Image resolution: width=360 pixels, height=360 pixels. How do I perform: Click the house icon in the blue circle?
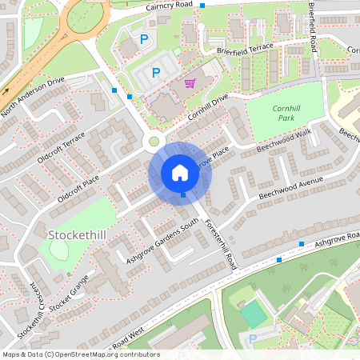click(179, 173)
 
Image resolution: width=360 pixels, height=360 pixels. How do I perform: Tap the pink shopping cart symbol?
click(190, 82)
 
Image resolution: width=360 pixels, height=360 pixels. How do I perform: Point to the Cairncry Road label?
click(170, 6)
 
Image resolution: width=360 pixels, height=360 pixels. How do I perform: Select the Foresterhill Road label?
click(219, 243)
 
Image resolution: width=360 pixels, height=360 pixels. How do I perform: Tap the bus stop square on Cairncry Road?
click(202, 6)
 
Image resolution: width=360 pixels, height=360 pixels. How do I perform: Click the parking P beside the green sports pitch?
click(253, 339)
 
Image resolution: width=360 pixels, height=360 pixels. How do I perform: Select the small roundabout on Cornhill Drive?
click(154, 142)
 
